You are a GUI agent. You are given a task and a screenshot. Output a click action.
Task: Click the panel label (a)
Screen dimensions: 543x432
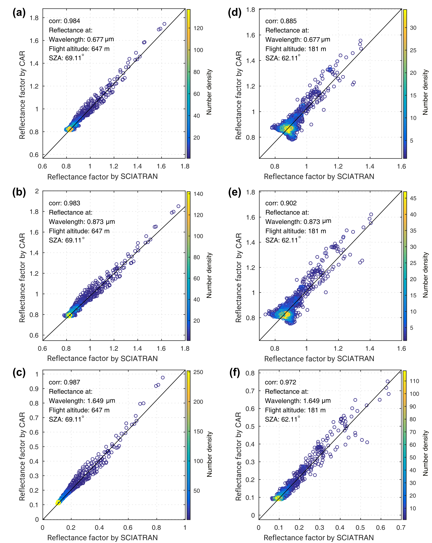[19, 13]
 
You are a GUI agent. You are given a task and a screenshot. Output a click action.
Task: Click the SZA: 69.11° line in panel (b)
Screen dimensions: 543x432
[67, 240]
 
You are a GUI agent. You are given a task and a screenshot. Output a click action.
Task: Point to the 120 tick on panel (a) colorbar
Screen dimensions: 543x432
[198, 28]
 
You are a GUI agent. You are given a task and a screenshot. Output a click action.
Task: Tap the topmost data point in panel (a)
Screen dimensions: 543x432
[164, 24]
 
